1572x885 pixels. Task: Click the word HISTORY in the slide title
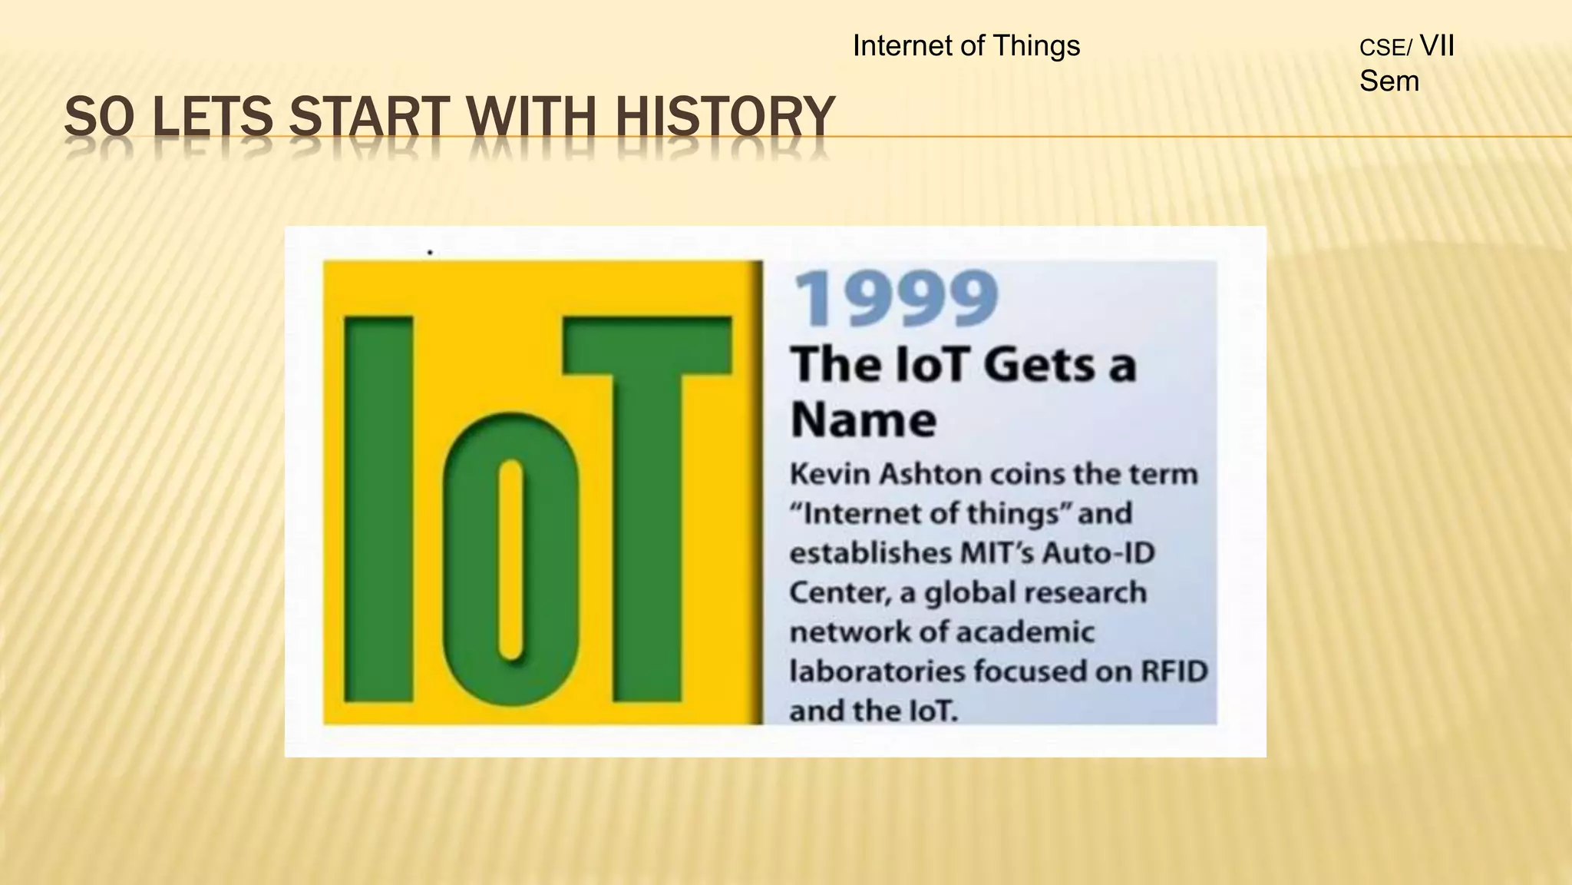click(x=724, y=118)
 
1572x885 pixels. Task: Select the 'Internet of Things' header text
click(x=966, y=46)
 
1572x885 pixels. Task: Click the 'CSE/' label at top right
click(x=1385, y=48)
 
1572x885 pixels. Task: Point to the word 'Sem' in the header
click(x=1389, y=81)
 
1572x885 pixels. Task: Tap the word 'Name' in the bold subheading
click(x=863, y=419)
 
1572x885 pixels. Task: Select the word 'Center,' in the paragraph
click(x=835, y=592)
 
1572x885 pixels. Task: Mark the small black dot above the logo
click(x=430, y=252)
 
